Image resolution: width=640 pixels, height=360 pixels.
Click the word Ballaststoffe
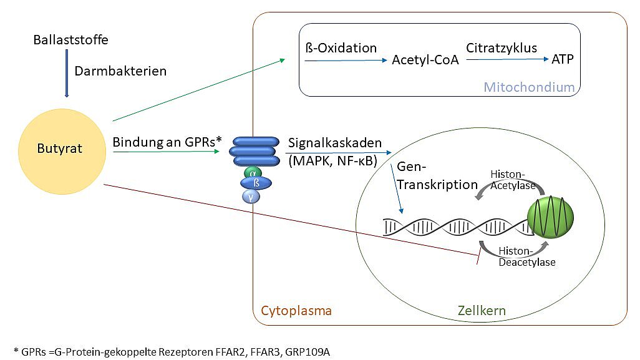(70, 41)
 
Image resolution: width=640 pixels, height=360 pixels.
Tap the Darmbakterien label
(120, 71)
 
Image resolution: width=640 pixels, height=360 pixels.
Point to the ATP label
(562, 60)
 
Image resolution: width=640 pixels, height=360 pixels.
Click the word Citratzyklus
(502, 47)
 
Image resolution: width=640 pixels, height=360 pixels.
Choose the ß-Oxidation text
(341, 48)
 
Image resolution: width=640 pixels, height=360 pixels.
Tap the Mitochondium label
(529, 87)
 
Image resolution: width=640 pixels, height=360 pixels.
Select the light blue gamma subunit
(251, 197)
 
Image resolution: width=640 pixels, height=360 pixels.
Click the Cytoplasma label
(296, 311)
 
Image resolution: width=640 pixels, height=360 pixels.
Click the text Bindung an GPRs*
(167, 142)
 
